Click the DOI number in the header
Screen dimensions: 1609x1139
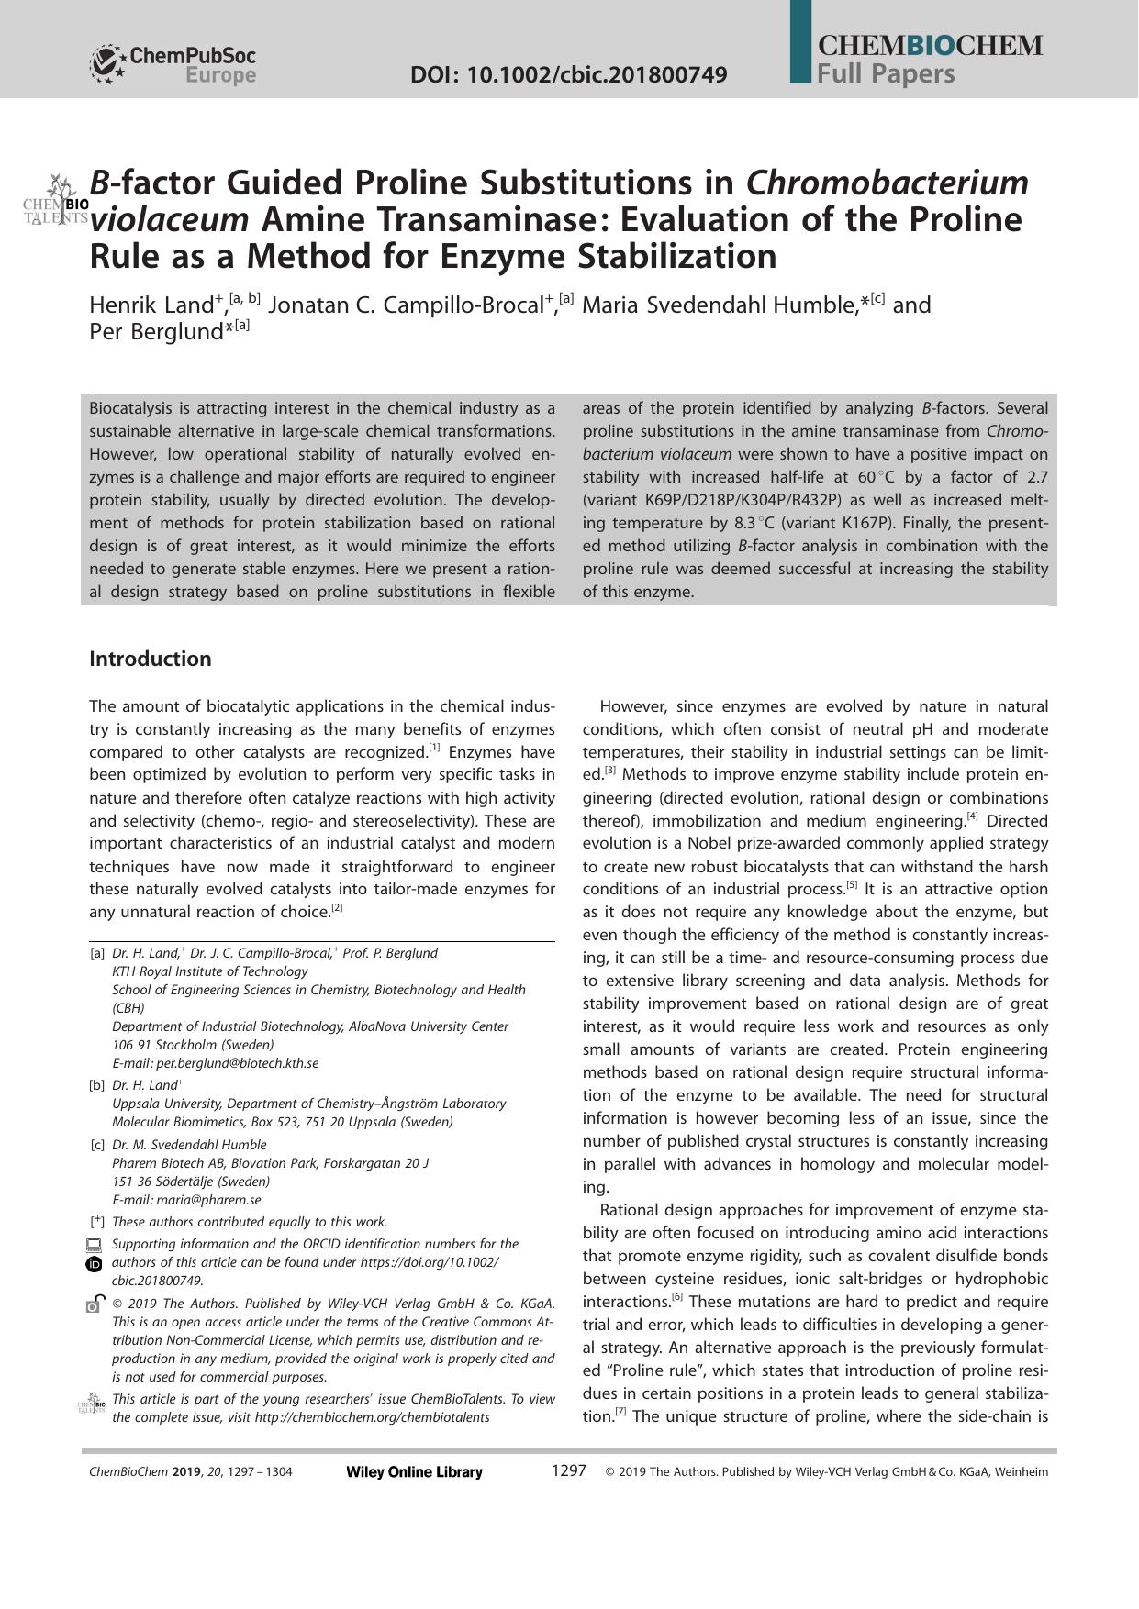click(x=568, y=74)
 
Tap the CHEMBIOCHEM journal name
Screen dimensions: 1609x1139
click(x=929, y=46)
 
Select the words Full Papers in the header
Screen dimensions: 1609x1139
click(x=886, y=73)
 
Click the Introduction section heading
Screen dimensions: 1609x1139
click(x=150, y=659)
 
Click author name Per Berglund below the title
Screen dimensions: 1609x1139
click(x=156, y=332)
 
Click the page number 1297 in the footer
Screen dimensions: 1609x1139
click(x=568, y=1470)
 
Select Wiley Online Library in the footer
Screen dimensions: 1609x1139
click(x=414, y=1472)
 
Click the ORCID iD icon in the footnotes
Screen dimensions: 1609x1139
click(x=94, y=1264)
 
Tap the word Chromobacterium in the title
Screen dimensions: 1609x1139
click(x=887, y=183)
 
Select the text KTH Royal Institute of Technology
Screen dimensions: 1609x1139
click(x=209, y=971)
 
